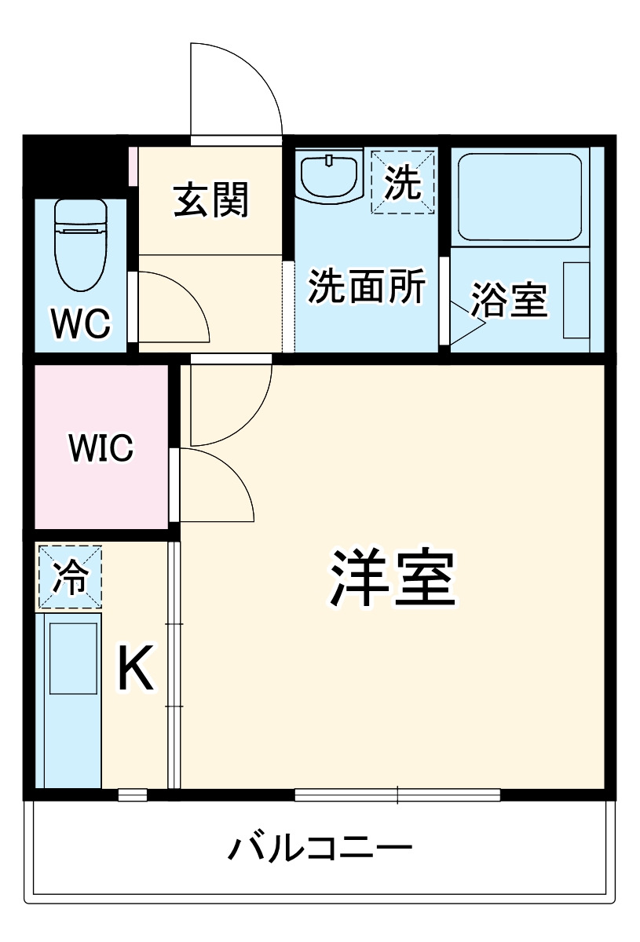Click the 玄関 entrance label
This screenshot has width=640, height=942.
tap(210, 199)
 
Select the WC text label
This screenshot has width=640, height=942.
tap(80, 323)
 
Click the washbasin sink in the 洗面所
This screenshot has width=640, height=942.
tap(328, 177)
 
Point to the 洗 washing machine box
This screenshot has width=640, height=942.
tap(403, 181)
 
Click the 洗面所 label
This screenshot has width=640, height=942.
tap(365, 287)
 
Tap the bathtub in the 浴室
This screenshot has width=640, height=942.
tap(519, 196)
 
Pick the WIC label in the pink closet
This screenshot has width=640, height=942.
tap(101, 448)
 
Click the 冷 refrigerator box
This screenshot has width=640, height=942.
tap(70, 577)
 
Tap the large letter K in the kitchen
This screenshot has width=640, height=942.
tap(135, 667)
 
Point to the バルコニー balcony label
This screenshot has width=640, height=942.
tap(320, 848)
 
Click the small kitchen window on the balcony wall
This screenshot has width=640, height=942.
tap(133, 794)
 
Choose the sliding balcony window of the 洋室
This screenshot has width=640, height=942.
tap(397, 794)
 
